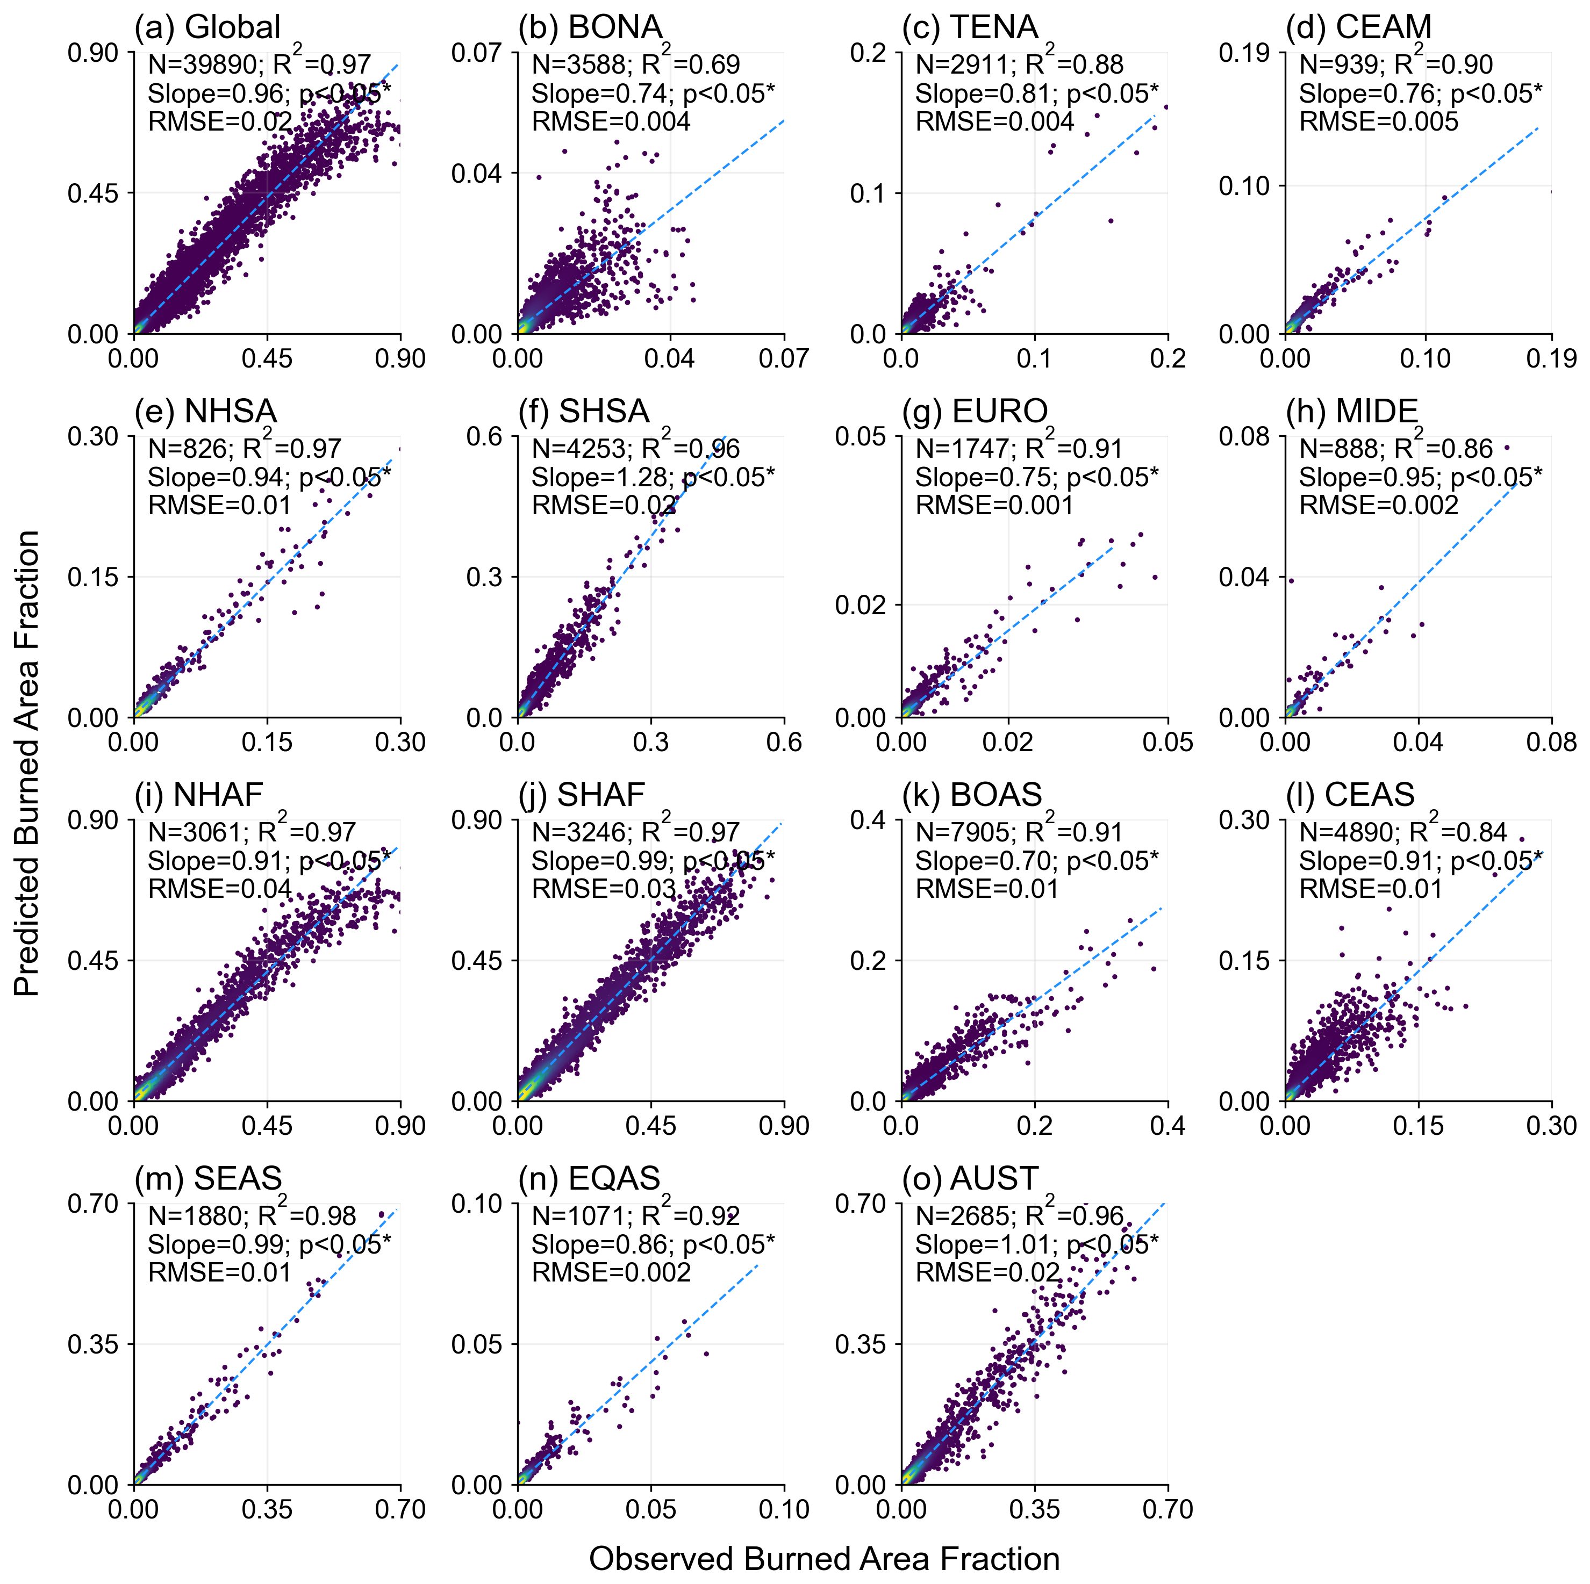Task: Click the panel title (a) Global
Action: tap(207, 27)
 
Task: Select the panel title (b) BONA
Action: tap(590, 27)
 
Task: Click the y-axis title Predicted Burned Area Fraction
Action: tap(27, 763)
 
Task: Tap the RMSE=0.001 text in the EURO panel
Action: tap(995, 505)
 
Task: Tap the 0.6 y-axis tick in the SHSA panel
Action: tap(485, 436)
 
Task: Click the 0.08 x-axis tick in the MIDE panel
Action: tap(1551, 742)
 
